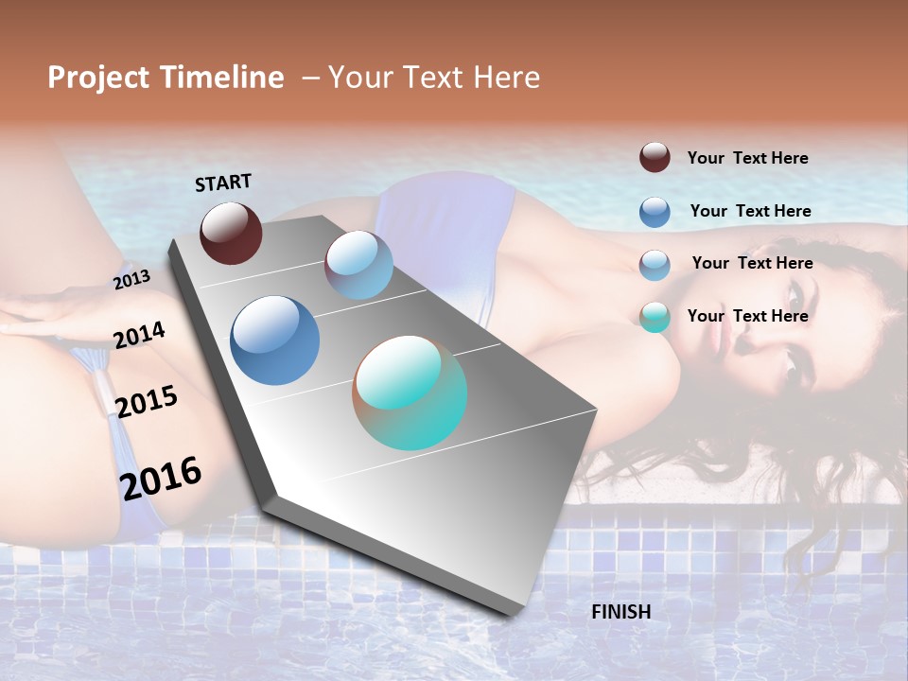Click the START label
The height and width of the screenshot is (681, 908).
[223, 182]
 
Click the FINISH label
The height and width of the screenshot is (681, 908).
[620, 612]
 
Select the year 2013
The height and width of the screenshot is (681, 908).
[131, 279]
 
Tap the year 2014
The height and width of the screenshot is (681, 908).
[139, 335]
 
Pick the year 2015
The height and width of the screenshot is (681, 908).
[146, 401]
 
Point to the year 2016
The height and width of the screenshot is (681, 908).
[161, 478]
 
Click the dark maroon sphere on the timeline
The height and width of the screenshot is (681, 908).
[231, 233]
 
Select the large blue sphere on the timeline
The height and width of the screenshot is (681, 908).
[275, 340]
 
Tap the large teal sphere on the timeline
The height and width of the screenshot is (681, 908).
[410, 393]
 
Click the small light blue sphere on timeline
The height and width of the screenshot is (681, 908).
[358, 265]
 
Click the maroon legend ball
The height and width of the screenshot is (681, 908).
[655, 157]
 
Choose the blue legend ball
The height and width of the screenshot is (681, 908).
[655, 212]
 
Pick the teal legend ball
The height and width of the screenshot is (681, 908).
[655, 317]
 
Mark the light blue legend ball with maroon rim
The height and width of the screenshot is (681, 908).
[655, 265]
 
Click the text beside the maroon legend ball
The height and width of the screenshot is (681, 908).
[747, 158]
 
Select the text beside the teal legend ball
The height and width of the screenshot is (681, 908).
[747, 316]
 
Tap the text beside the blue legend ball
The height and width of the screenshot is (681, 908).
[750, 211]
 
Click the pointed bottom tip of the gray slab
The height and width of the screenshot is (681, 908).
[516, 613]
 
